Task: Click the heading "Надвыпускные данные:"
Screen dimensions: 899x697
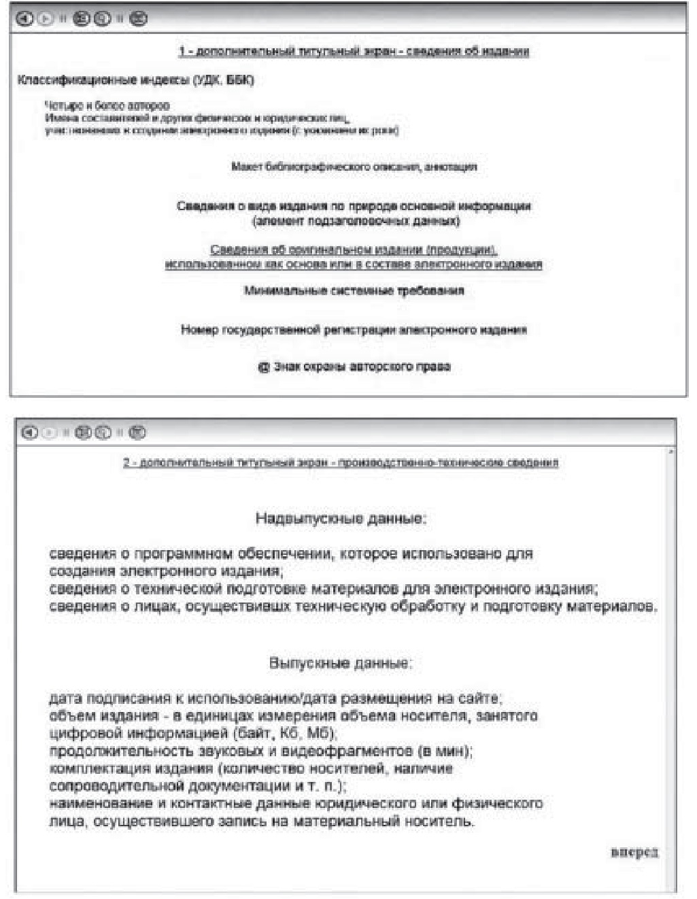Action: click(x=341, y=519)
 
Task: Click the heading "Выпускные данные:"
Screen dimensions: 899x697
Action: click(x=341, y=663)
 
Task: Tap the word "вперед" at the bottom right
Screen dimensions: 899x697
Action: click(x=634, y=852)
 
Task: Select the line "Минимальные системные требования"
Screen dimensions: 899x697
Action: click(x=354, y=291)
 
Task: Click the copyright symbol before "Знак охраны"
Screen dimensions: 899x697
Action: click(x=264, y=367)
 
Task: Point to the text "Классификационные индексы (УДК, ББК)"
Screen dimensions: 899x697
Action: click(x=135, y=80)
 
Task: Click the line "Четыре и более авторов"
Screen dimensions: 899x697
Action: click(x=107, y=105)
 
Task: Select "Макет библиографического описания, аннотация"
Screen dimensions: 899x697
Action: click(x=354, y=167)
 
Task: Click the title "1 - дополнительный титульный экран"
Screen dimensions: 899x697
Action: click(x=354, y=52)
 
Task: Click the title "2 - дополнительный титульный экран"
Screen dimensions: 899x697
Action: click(x=341, y=463)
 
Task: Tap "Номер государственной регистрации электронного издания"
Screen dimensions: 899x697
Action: click(x=354, y=330)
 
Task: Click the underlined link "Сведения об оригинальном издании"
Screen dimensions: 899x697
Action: click(x=354, y=250)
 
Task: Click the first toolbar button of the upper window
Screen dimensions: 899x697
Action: click(x=24, y=19)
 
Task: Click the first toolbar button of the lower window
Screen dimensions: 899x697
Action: click(x=29, y=432)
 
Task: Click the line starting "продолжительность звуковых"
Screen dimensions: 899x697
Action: click(x=261, y=751)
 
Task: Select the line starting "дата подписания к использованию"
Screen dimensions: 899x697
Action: click(x=275, y=698)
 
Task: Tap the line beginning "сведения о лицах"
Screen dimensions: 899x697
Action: click(x=353, y=607)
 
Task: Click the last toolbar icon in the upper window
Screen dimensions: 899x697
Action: click(x=138, y=19)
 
